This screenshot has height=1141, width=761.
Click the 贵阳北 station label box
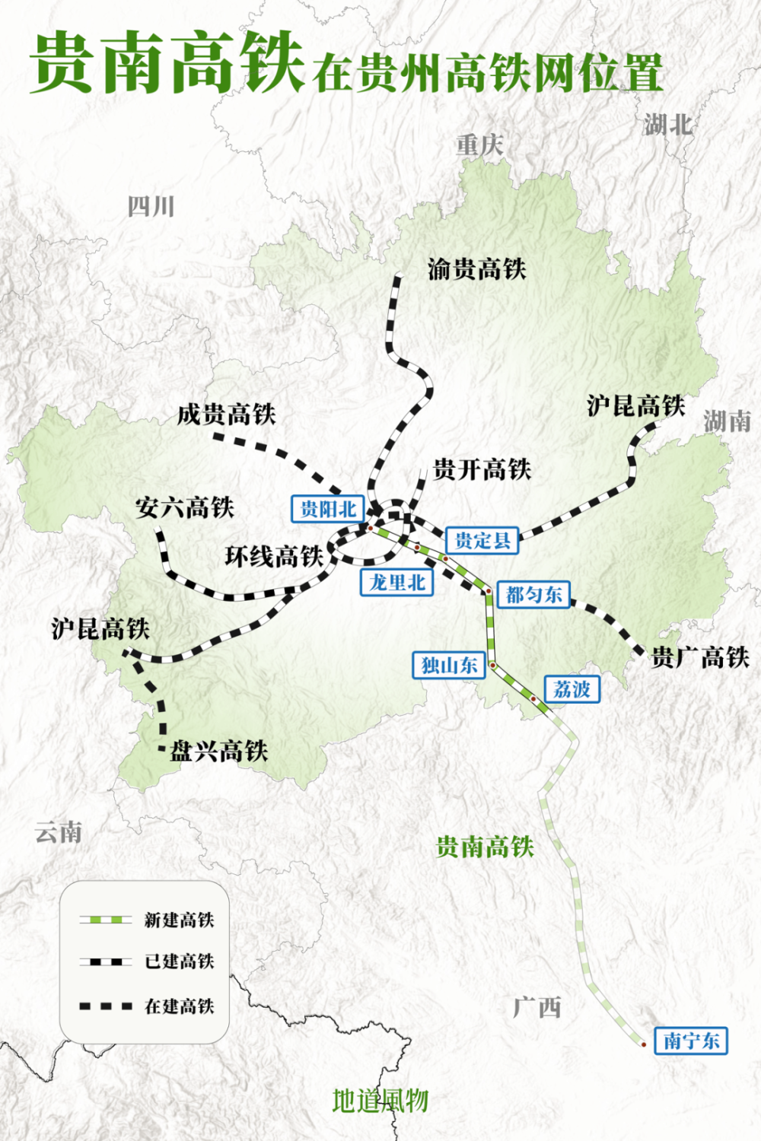[x=328, y=509]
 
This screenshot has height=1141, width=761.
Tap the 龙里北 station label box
[x=396, y=583]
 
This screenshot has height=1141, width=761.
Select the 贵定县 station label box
[x=482, y=540]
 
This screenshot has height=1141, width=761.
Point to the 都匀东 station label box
[x=533, y=594]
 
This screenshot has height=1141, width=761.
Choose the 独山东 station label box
[x=449, y=665]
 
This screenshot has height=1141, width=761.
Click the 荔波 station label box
[x=572, y=689]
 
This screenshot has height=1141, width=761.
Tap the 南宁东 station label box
[x=691, y=1040]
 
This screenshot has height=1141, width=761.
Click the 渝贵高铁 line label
[x=476, y=269]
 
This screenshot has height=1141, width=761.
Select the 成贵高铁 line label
[x=226, y=415]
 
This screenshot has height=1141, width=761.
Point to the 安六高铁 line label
[x=185, y=507]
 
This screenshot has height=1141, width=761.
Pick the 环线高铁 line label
[x=274, y=556]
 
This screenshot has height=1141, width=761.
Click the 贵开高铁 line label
[x=482, y=469]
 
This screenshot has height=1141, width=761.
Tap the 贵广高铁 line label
[x=700, y=657]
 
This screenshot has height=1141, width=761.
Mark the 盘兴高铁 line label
[x=219, y=752]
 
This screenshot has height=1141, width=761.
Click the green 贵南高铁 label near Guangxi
[x=485, y=847]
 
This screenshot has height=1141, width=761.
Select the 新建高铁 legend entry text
[x=180, y=920]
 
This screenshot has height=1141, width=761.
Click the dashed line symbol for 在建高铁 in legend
[x=106, y=1006]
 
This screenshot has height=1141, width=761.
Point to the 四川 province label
[x=151, y=206]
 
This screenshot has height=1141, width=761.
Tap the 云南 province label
[x=59, y=832]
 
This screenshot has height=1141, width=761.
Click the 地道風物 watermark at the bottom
[x=380, y=1101]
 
